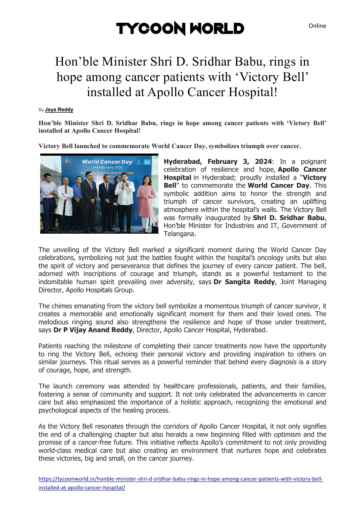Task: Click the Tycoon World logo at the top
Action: (180, 28)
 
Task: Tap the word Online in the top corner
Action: (317, 26)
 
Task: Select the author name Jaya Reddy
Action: (59, 110)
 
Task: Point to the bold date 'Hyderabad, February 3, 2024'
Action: (218, 162)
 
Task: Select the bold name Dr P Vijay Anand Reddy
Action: (93, 330)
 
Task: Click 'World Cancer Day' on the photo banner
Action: (107, 162)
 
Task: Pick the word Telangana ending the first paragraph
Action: (180, 234)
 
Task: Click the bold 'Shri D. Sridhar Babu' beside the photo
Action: (289, 218)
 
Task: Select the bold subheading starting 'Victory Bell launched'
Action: (170, 146)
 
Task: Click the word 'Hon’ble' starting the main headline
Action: (77, 62)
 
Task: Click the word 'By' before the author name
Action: (41, 110)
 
